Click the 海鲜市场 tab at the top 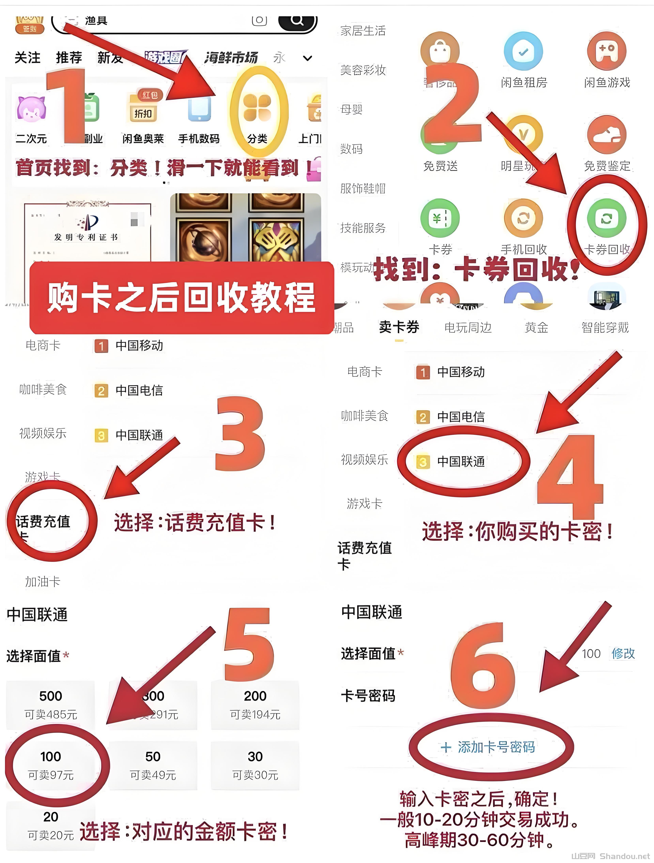[x=231, y=58]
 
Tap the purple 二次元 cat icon [x=31, y=109]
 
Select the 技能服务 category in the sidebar [x=363, y=228]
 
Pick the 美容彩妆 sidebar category [x=363, y=70]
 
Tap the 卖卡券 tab [x=399, y=327]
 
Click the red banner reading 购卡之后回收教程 [x=182, y=298]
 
